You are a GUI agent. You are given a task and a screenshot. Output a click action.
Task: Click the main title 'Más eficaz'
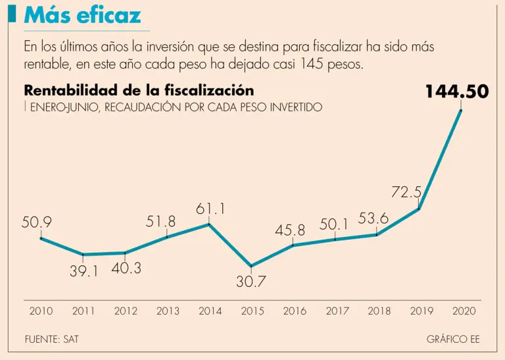click(x=82, y=14)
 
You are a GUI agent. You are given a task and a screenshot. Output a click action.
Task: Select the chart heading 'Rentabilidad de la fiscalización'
click(x=138, y=91)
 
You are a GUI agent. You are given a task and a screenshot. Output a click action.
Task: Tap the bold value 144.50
click(x=457, y=91)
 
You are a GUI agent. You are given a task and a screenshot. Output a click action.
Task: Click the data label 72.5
click(x=406, y=193)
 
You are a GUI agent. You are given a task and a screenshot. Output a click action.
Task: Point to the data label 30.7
click(x=252, y=282)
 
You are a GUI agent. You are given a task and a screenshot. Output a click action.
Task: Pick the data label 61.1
click(x=211, y=209)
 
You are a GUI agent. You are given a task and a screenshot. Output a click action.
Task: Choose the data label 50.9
click(x=37, y=222)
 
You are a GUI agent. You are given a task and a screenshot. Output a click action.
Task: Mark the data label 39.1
click(x=84, y=270)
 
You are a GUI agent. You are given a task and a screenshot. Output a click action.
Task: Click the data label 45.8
click(x=290, y=230)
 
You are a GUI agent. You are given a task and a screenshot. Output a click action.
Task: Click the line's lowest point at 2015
click(x=252, y=267)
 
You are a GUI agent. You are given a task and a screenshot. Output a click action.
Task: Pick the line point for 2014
click(x=210, y=224)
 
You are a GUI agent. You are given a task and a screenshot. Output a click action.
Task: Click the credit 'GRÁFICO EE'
click(x=453, y=340)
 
